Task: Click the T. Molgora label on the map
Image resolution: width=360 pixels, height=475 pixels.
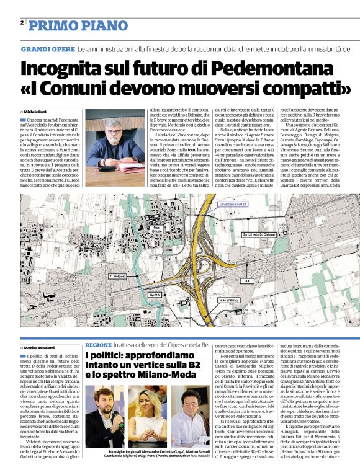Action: [x=118, y=275]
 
